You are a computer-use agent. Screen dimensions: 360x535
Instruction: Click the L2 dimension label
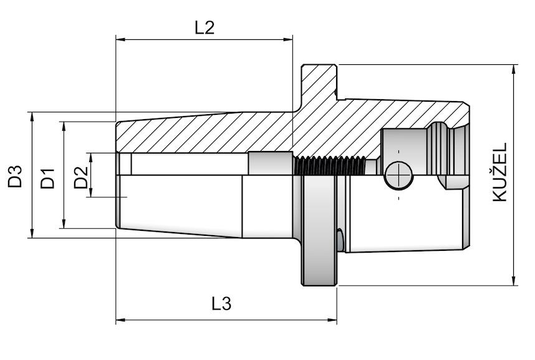[x=204, y=27]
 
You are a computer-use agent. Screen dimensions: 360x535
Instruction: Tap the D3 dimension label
[x=14, y=175]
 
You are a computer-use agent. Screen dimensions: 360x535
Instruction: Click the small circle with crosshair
[x=398, y=175]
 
